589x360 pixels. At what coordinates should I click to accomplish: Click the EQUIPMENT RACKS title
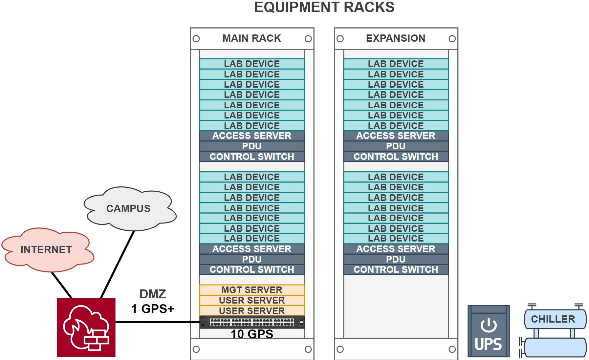pyautogui.click(x=324, y=7)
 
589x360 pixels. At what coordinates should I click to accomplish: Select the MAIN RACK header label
pyautogui.click(x=252, y=38)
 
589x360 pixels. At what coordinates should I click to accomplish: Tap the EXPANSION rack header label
pyautogui.click(x=396, y=38)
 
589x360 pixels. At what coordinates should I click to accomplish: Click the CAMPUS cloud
pyautogui.click(x=128, y=208)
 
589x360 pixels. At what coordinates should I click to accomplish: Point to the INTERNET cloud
pyautogui.click(x=46, y=249)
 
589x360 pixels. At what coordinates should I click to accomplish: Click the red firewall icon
pyautogui.click(x=86, y=327)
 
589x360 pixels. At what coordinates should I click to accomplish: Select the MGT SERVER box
pyautogui.click(x=252, y=290)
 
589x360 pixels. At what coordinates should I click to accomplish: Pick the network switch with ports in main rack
pyautogui.click(x=252, y=322)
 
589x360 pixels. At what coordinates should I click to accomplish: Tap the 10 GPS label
pyautogui.click(x=252, y=334)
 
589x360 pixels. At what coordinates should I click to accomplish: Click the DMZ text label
pyautogui.click(x=153, y=294)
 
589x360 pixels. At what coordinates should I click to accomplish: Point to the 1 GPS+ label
pyautogui.click(x=153, y=309)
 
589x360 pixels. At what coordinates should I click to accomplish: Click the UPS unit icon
pyautogui.click(x=489, y=331)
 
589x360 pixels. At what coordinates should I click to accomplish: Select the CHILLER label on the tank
pyautogui.click(x=553, y=319)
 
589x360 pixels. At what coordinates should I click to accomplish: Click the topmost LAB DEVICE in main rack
pyautogui.click(x=252, y=64)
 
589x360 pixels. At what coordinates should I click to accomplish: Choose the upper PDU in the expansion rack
pyautogui.click(x=396, y=146)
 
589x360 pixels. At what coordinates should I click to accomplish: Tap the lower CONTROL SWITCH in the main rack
pyautogui.click(x=252, y=269)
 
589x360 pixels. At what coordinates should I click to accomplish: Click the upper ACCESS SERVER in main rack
pyautogui.click(x=252, y=136)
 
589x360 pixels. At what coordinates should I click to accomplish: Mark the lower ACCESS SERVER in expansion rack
pyautogui.click(x=396, y=249)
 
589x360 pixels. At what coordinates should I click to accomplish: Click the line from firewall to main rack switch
pyautogui.click(x=158, y=322)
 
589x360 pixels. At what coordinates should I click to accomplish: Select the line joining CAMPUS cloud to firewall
pyautogui.click(x=118, y=265)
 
